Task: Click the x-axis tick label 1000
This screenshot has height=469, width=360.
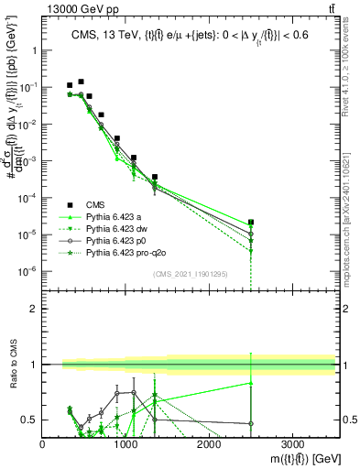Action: (125, 444)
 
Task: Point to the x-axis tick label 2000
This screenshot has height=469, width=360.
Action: (209, 444)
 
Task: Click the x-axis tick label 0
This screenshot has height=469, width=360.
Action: (43, 444)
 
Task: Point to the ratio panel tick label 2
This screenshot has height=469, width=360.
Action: (33, 308)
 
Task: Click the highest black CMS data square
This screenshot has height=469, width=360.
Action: (81, 82)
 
